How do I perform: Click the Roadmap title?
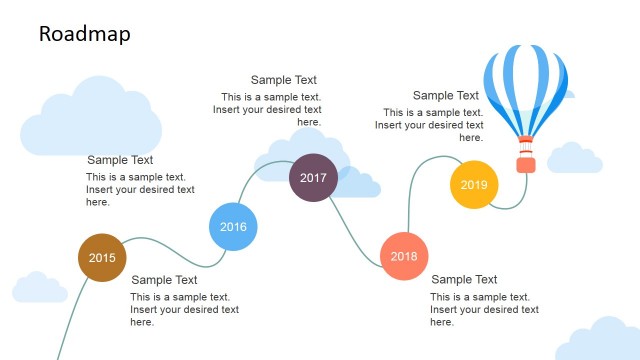[84, 34]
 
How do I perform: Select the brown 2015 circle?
[102, 257]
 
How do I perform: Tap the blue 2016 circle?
[233, 226]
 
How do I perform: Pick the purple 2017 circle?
[313, 178]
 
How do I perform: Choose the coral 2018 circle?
[404, 256]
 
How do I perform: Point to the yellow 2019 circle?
[474, 184]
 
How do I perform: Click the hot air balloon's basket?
[524, 162]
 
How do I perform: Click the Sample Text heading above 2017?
[283, 80]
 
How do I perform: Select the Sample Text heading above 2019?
[445, 96]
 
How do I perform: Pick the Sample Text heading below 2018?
[464, 280]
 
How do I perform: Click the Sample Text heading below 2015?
[165, 280]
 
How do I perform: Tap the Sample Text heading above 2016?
[120, 160]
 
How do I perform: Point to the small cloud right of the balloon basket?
[575, 158]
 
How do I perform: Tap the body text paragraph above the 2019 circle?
[430, 125]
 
